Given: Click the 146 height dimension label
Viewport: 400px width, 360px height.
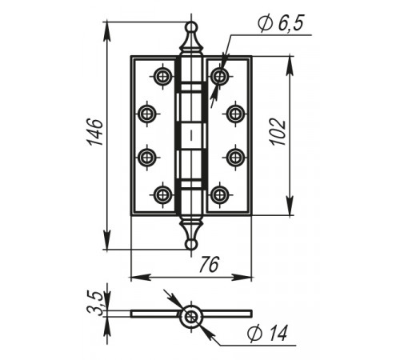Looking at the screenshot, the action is [95, 132].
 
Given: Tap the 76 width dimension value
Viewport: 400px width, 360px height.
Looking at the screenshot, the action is [210, 265].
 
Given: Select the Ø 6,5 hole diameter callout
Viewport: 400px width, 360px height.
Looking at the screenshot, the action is [281, 23].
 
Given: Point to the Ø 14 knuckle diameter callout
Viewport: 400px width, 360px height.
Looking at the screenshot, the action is [267, 333].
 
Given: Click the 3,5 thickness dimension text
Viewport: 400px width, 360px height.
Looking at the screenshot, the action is [94, 304].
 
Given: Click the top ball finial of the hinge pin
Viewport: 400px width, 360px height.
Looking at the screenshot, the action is [191, 27].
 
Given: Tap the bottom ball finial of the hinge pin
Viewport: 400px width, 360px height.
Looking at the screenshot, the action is [191, 244].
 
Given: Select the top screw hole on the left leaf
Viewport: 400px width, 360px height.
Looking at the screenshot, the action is [162, 77].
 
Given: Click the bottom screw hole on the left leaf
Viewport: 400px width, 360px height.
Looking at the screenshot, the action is [162, 194].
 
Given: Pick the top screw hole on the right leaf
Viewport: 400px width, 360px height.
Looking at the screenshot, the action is [220, 77].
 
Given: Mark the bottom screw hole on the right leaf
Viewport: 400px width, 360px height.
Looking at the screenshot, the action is [220, 194].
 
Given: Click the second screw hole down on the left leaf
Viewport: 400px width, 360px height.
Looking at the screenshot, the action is [146, 114].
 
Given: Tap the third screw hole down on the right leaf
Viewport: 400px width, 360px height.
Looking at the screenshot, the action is [235, 158].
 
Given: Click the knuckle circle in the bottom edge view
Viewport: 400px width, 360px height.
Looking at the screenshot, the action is [191, 317].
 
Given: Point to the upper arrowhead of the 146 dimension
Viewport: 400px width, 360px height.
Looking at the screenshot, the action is [106, 31].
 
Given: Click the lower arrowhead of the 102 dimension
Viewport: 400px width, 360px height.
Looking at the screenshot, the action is [290, 206].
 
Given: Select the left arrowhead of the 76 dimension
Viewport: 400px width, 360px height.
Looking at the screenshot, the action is [141, 278].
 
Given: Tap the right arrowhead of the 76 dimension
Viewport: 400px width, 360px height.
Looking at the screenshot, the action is [242, 278].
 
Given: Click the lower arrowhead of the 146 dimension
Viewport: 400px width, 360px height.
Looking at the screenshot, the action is [106, 240].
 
